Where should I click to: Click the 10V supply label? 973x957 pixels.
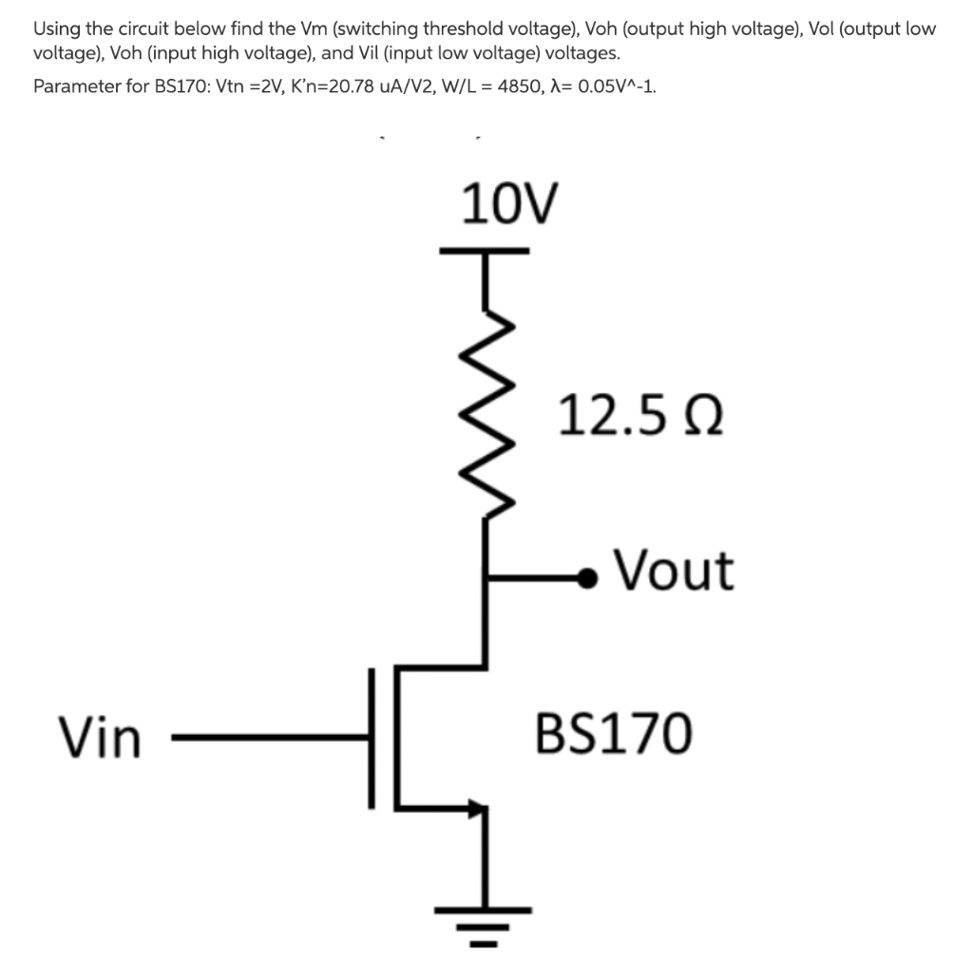(510, 204)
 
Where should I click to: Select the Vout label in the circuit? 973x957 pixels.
(673, 571)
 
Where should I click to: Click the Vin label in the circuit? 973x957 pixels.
(99, 738)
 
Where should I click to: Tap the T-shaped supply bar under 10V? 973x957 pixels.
(486, 253)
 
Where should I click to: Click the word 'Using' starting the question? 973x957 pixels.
(56, 28)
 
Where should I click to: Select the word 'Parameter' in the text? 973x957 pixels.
(71, 86)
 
